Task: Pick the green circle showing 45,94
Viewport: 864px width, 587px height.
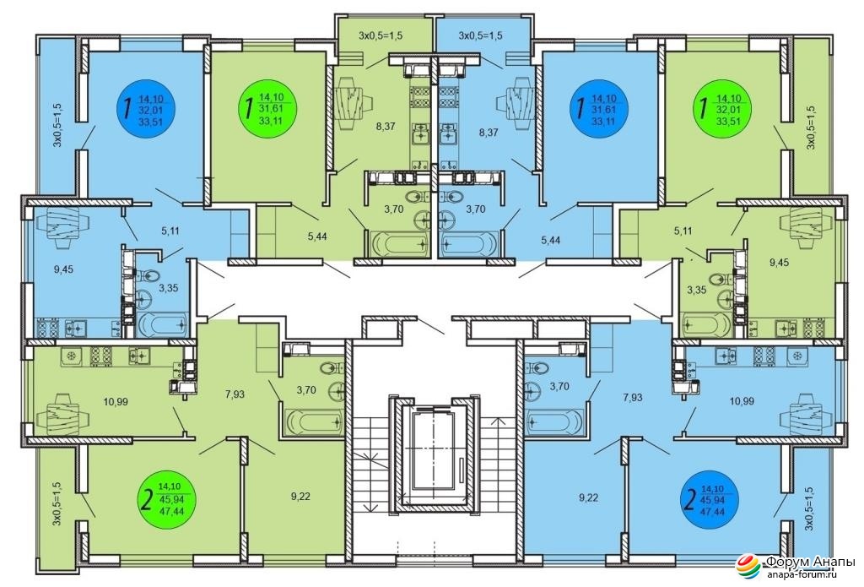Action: [168, 496]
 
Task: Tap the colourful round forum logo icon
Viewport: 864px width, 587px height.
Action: [749, 568]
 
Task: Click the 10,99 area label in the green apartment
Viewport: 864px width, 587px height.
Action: [116, 402]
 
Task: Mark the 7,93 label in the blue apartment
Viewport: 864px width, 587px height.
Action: [633, 397]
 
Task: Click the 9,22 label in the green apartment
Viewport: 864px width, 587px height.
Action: [300, 497]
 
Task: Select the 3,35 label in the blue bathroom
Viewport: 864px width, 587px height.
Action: [169, 288]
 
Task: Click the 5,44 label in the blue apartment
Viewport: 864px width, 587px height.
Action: [551, 239]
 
